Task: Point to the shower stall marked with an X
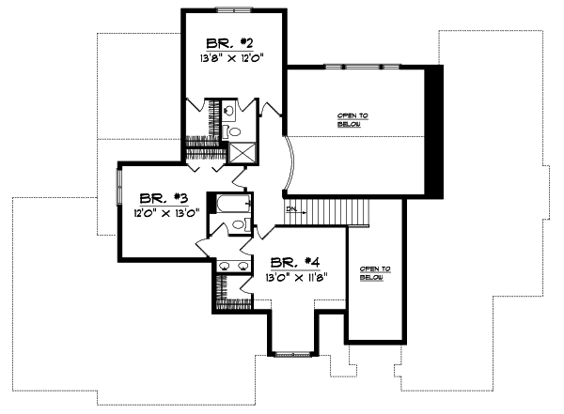click(243, 154)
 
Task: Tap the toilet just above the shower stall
click(235, 131)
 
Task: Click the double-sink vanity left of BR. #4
click(232, 267)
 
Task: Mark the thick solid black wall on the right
click(433, 131)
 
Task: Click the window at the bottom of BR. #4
click(291, 354)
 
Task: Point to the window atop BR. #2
click(232, 9)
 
